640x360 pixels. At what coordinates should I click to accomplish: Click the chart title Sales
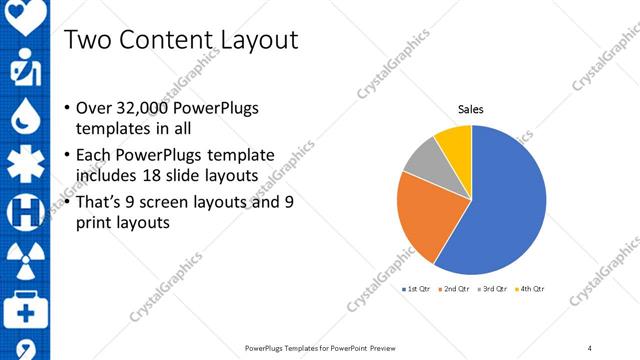(471, 109)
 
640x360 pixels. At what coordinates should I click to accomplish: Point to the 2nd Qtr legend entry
(456, 289)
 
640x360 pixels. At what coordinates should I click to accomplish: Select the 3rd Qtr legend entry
(494, 289)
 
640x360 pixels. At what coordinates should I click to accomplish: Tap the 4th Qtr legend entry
(531, 289)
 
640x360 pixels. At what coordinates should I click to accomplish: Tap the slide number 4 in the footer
(590, 348)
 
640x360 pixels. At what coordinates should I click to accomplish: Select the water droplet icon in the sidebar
(22, 118)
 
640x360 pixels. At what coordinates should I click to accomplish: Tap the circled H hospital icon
(22, 212)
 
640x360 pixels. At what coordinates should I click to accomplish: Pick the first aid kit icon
(22, 306)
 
